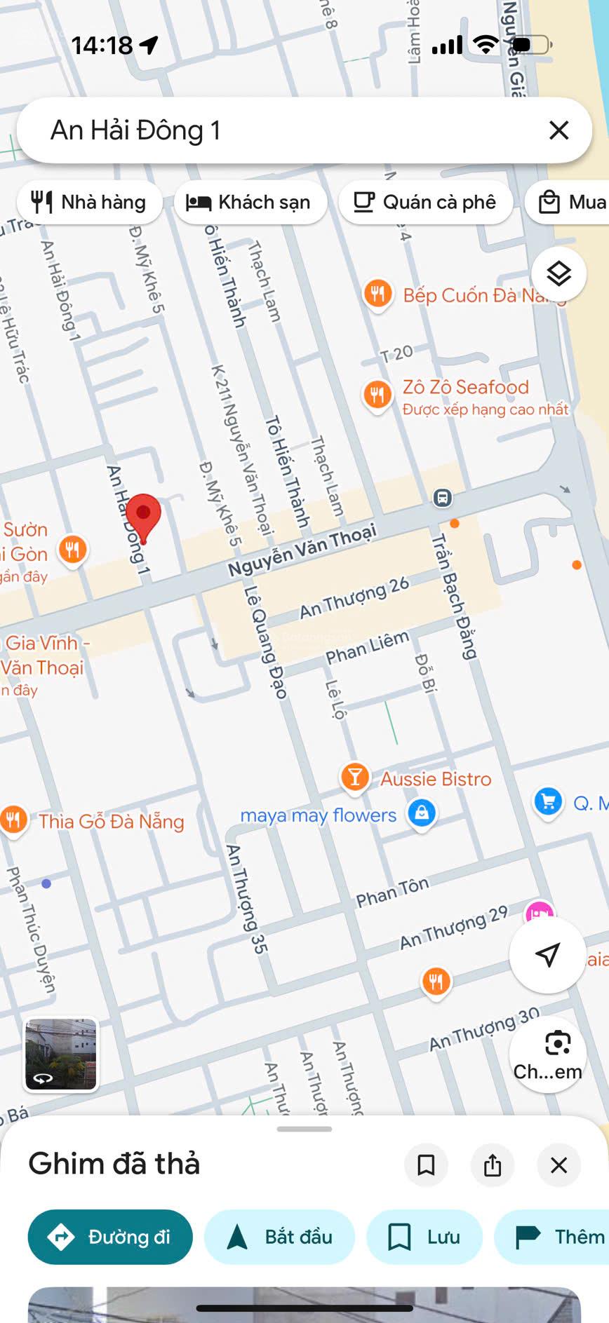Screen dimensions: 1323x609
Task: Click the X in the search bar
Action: pyautogui.click(x=558, y=130)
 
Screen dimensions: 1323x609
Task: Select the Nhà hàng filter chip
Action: pyautogui.click(x=89, y=203)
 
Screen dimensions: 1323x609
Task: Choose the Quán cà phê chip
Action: pyautogui.click(x=424, y=203)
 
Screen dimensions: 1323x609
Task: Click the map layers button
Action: pyautogui.click(x=558, y=274)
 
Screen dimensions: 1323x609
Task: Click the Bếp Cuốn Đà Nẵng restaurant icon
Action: pyautogui.click(x=377, y=294)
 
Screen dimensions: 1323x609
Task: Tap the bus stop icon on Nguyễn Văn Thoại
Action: pyautogui.click(x=442, y=498)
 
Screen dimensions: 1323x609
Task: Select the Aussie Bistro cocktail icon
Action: pyautogui.click(x=355, y=778)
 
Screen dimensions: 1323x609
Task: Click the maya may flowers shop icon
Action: pyautogui.click(x=421, y=813)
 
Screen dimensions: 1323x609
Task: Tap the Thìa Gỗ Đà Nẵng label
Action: pyautogui.click(x=112, y=822)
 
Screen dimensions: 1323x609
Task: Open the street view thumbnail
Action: pyautogui.click(x=61, y=1054)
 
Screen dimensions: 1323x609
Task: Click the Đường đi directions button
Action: pyautogui.click(x=110, y=1237)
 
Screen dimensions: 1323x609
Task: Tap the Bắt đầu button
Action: pyautogui.click(x=279, y=1237)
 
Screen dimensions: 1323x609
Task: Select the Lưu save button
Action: pyautogui.click(x=424, y=1237)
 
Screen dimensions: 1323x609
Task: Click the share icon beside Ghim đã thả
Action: pyautogui.click(x=493, y=1165)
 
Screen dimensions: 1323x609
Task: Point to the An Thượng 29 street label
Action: pyautogui.click(x=453, y=928)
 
